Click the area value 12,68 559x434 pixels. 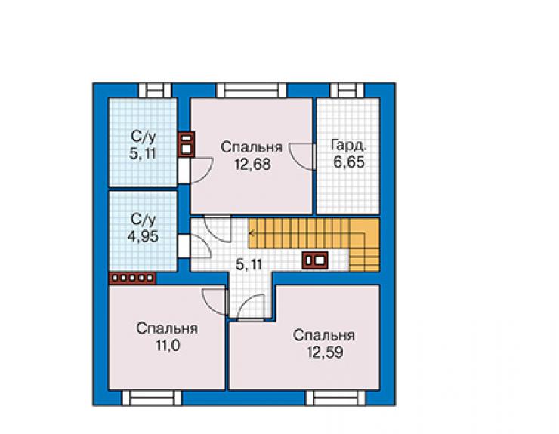click(x=252, y=165)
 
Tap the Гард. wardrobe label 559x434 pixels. click(x=349, y=146)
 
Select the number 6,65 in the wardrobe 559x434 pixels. click(x=349, y=162)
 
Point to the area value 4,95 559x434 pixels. click(x=143, y=236)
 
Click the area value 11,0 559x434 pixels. click(x=168, y=345)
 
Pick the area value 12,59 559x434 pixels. click(x=325, y=352)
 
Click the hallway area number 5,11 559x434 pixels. click(x=249, y=264)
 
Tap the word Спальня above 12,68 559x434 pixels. click(x=252, y=147)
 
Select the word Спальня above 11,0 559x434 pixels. click(x=167, y=328)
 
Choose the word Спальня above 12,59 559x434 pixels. click(x=324, y=335)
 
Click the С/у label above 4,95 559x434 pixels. click(x=144, y=220)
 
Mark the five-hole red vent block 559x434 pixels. click(x=132, y=278)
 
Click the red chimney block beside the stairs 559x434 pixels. click(x=315, y=260)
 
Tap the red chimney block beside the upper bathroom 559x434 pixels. click(x=186, y=144)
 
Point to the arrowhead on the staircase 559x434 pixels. click(x=251, y=234)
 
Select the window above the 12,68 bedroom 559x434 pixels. click(x=252, y=90)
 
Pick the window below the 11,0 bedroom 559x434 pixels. click(x=152, y=398)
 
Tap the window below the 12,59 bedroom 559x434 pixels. click(x=335, y=398)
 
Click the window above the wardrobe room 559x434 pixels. click(x=347, y=90)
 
